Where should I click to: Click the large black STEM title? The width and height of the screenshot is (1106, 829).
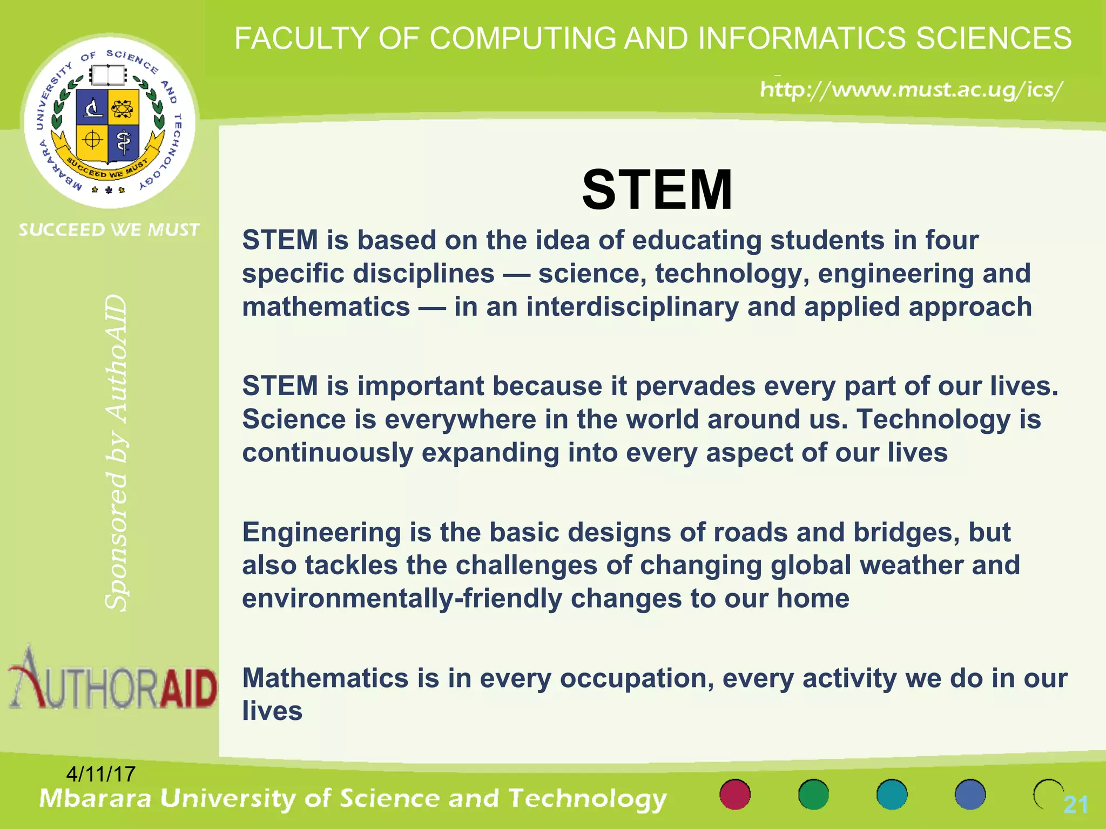(657, 190)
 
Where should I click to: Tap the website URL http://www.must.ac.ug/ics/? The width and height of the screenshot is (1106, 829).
(912, 90)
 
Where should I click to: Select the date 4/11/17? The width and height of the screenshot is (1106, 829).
(100, 774)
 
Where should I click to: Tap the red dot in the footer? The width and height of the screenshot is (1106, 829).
(735, 794)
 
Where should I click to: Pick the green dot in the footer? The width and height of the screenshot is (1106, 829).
(813, 794)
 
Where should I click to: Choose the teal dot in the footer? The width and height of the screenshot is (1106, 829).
(892, 794)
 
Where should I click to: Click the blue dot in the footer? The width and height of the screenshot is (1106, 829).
(970, 794)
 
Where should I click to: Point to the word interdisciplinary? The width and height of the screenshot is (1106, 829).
(632, 308)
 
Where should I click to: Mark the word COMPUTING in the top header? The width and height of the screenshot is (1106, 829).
(522, 39)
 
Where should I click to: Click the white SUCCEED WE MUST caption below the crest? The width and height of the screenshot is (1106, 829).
(109, 230)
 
